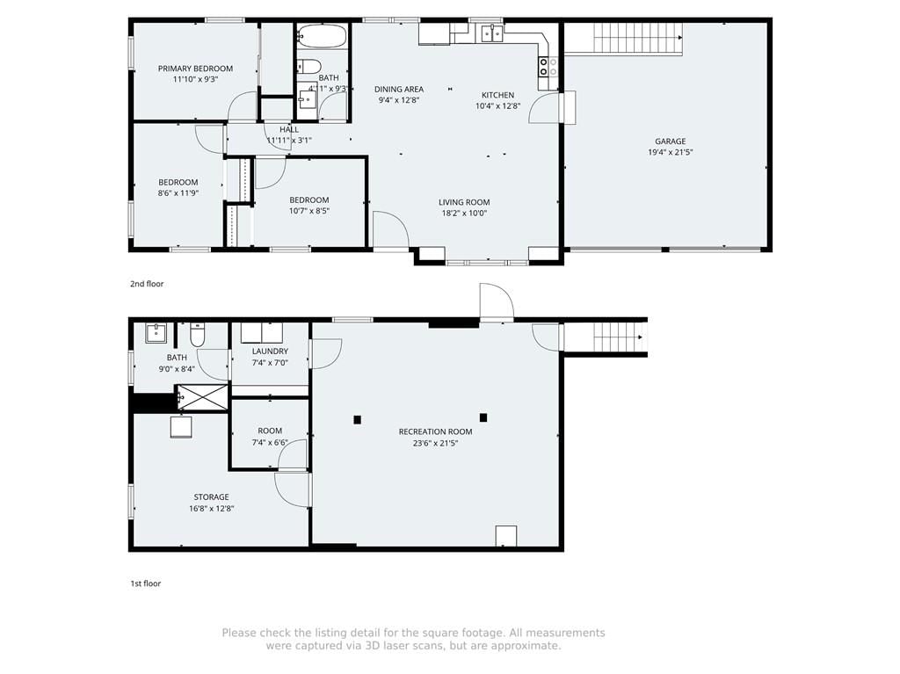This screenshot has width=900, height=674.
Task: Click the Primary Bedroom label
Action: tap(195, 69)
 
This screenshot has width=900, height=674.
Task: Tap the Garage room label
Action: tap(671, 141)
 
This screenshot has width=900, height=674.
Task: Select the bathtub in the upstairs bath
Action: tap(322, 36)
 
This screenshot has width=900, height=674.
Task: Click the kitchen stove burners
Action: tap(548, 67)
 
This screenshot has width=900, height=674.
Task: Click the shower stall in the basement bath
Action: tap(202, 396)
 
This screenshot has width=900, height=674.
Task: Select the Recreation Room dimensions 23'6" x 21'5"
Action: tap(436, 443)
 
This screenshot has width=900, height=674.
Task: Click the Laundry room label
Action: tap(270, 351)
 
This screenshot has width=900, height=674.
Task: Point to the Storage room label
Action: tap(211, 497)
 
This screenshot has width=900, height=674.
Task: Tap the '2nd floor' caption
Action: tap(147, 284)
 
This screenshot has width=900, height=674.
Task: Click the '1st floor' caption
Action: tap(146, 583)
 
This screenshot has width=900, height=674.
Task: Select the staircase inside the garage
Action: tap(638, 38)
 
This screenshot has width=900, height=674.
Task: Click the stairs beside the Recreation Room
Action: tap(618, 337)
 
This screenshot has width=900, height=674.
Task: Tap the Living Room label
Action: tap(464, 202)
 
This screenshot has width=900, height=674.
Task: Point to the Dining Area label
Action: tap(399, 89)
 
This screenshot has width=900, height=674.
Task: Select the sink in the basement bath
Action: tap(156, 333)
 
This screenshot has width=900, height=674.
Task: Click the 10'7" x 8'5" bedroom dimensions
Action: tap(309, 211)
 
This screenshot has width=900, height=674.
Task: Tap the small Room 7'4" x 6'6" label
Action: tap(270, 431)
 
